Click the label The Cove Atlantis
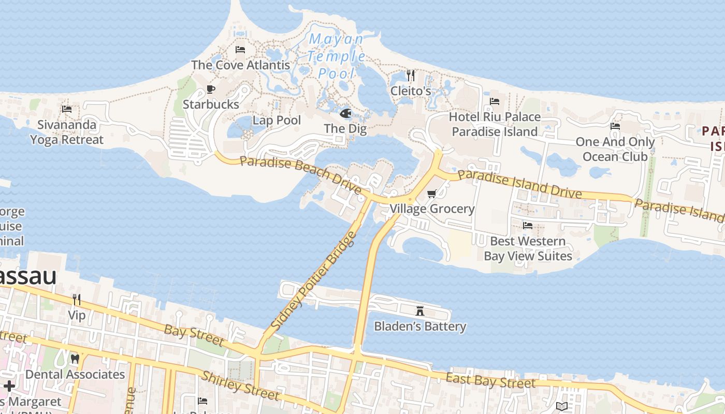point(240,65)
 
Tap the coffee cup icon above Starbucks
point(210,90)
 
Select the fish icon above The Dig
point(345,113)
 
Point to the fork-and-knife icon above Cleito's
point(411,76)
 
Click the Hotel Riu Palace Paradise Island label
point(495,124)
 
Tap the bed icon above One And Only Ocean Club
point(615,126)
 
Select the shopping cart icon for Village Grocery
point(431,194)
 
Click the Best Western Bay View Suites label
point(528,248)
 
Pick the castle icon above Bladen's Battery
point(420,311)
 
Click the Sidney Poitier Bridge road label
point(314,282)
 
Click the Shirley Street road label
point(241,386)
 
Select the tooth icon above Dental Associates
point(75,359)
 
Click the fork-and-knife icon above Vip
point(77,300)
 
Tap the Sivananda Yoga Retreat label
point(66,132)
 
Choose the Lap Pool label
point(277,121)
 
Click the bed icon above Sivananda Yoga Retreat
point(67,109)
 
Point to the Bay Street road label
point(194,335)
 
